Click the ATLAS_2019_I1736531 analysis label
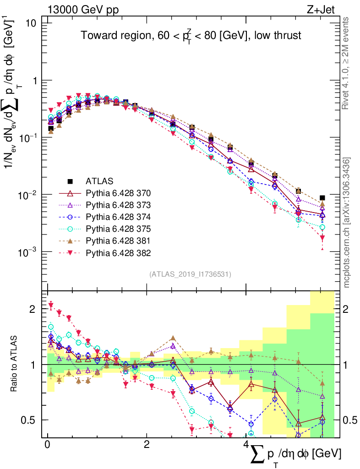[190, 274]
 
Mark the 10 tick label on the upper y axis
[31, 23]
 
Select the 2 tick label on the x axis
[146, 445]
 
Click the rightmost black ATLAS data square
[322, 198]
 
